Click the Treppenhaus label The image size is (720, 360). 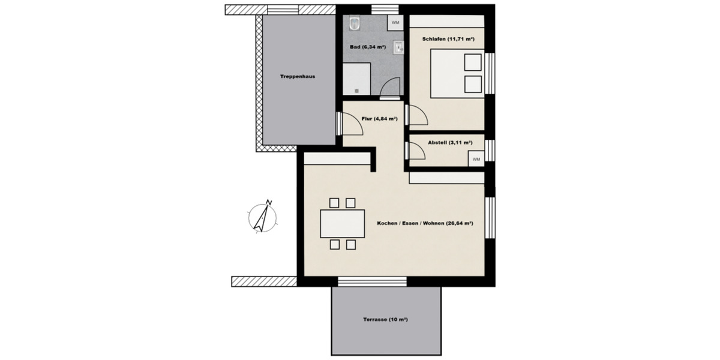coord(297,77)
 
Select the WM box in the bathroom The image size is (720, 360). coord(395,22)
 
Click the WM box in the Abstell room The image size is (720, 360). coord(476,159)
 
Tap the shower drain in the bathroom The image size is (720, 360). coord(356,91)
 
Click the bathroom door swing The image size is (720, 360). coord(390,88)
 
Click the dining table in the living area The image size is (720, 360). coord(343,224)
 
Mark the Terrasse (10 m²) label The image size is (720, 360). coord(386,320)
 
